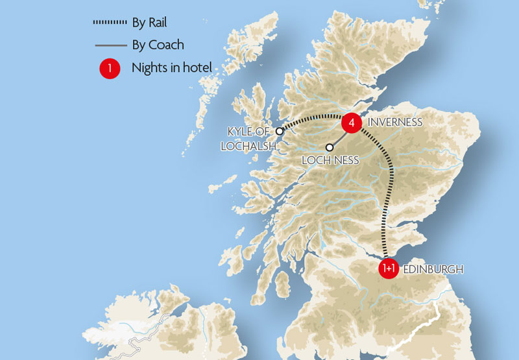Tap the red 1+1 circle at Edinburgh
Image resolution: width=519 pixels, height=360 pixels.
pyautogui.click(x=388, y=269)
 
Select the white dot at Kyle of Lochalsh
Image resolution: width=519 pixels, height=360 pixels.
pyautogui.click(x=280, y=131)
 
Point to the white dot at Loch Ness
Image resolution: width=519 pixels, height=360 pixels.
pyautogui.click(x=330, y=147)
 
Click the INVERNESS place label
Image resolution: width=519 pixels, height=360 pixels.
pyautogui.click(x=395, y=122)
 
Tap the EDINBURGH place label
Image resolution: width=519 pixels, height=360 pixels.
pyautogui.click(x=433, y=269)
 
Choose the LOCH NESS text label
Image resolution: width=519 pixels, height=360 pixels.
pyautogui.click(x=330, y=160)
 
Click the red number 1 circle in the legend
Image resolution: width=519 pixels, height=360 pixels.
pyautogui.click(x=110, y=68)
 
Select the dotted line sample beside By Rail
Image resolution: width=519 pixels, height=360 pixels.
pyautogui.click(x=110, y=23)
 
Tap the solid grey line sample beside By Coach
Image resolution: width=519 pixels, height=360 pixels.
pyautogui.click(x=110, y=45)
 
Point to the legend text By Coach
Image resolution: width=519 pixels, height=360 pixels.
pyautogui.click(x=158, y=45)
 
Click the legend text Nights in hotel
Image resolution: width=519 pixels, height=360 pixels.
pyautogui.click(x=171, y=68)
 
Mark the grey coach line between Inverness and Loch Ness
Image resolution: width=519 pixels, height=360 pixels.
pyautogui.click(x=339, y=136)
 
